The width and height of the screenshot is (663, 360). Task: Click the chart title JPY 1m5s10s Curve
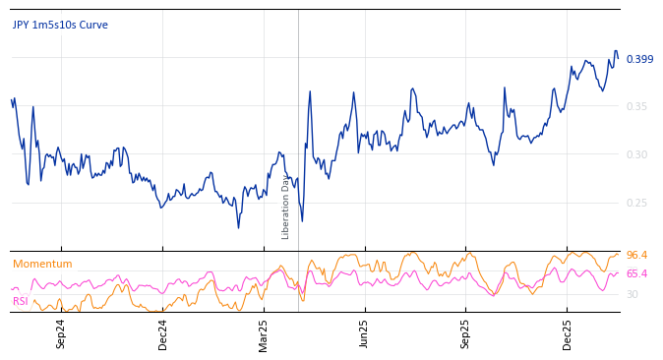(x=60, y=26)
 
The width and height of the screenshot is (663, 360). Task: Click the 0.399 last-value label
(x=639, y=60)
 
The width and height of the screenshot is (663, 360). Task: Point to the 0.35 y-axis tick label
(x=637, y=106)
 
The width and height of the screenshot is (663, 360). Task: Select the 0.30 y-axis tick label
(x=637, y=154)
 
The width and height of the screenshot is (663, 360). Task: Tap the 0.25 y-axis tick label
(x=637, y=203)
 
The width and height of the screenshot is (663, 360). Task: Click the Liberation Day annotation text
(x=286, y=207)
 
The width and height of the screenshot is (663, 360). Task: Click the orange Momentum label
(x=42, y=265)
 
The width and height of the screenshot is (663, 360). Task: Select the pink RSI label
(x=21, y=301)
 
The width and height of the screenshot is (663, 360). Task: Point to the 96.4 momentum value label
(x=636, y=256)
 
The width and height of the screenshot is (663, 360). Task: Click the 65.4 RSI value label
(x=636, y=274)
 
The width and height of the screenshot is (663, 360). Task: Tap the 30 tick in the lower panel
(x=633, y=294)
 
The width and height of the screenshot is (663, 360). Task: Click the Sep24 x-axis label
(x=61, y=333)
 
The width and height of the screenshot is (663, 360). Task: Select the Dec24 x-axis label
(x=163, y=333)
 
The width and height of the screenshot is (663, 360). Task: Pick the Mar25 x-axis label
(x=264, y=333)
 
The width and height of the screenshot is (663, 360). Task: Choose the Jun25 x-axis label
(x=364, y=333)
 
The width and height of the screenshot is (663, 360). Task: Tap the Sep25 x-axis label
(x=465, y=333)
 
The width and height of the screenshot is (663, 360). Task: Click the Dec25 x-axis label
(x=567, y=333)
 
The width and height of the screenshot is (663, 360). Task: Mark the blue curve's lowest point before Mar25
(x=238, y=228)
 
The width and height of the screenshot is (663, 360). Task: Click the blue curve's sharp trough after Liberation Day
(x=302, y=221)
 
